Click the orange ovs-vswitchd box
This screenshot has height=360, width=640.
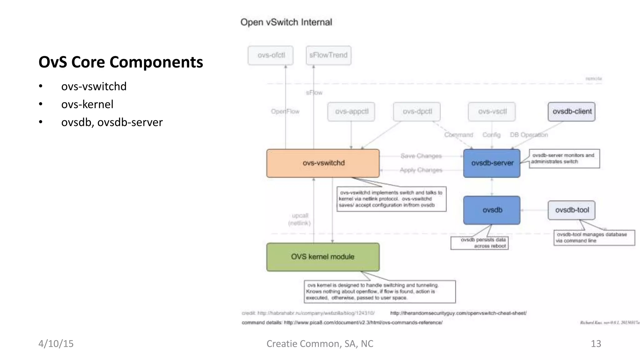[323, 163]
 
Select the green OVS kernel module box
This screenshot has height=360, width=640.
[323, 257]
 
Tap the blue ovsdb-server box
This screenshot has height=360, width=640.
[492, 163]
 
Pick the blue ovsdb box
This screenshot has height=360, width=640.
[492, 210]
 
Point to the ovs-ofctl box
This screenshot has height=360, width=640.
[271, 55]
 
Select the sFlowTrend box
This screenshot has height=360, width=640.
[328, 55]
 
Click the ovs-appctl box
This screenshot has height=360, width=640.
[351, 112]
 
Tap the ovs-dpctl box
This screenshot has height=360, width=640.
[417, 112]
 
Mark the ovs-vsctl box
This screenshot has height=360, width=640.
[492, 112]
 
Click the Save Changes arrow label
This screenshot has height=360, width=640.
[421, 156]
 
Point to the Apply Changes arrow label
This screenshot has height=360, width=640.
[421, 170]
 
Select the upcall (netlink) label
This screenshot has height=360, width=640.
[299, 219]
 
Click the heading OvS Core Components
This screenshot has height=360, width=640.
[121, 62]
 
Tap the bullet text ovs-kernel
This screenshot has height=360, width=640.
[87, 104]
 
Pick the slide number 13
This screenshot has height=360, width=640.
[596, 344]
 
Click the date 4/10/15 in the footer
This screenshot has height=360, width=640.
[56, 344]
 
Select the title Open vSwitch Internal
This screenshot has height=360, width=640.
[286, 22]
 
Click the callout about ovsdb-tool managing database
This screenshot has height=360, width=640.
[594, 238]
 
